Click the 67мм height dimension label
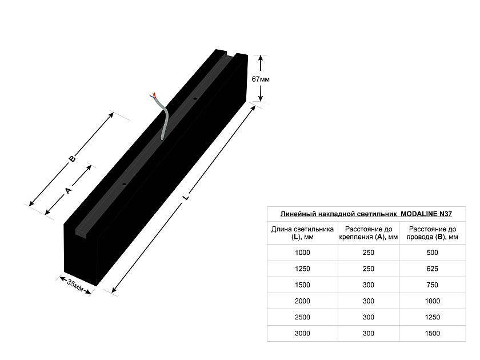(261, 79)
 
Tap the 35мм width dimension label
(75, 286)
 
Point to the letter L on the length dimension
(186, 196)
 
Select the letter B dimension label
(72, 159)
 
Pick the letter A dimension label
(68, 190)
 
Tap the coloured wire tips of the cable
(153, 95)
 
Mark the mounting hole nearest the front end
(124, 184)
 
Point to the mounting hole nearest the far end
(194, 98)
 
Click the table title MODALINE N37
(366, 214)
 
